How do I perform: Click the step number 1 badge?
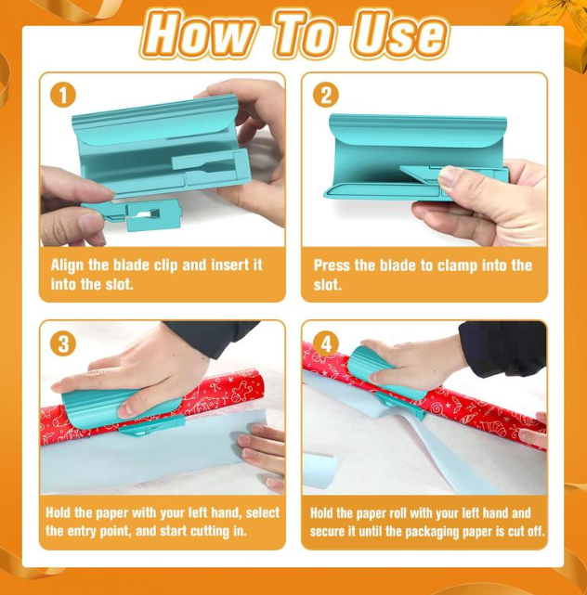coord(62,96)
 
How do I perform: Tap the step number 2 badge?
coord(324,96)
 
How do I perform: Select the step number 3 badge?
coord(62,344)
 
